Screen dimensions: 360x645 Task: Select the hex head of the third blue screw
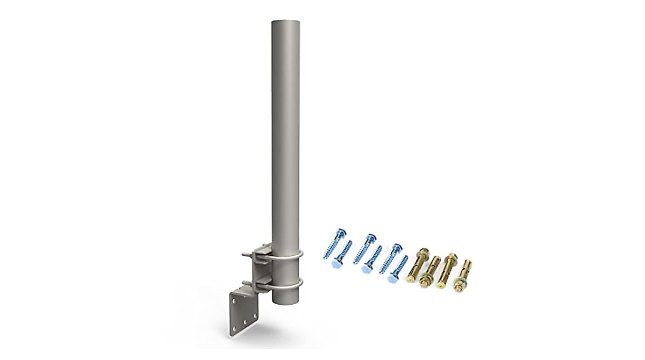pyautogui.click(x=370, y=237)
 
